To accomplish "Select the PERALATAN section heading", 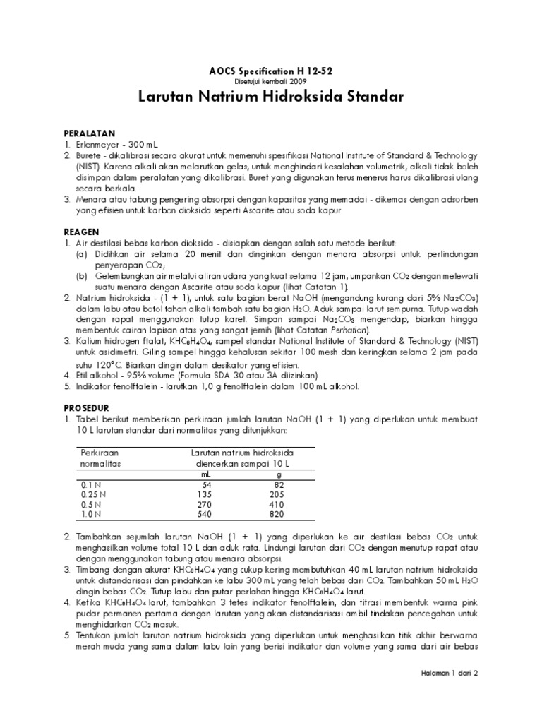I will click(x=90, y=133).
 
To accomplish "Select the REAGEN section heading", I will click(x=82, y=232).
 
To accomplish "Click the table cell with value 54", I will click(x=207, y=485).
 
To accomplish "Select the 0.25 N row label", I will click(x=95, y=495).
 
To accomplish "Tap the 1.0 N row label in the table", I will click(x=92, y=515).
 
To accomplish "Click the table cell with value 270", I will click(x=205, y=505).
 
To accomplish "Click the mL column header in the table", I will click(x=207, y=474).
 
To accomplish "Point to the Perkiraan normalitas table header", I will click(x=100, y=458).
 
